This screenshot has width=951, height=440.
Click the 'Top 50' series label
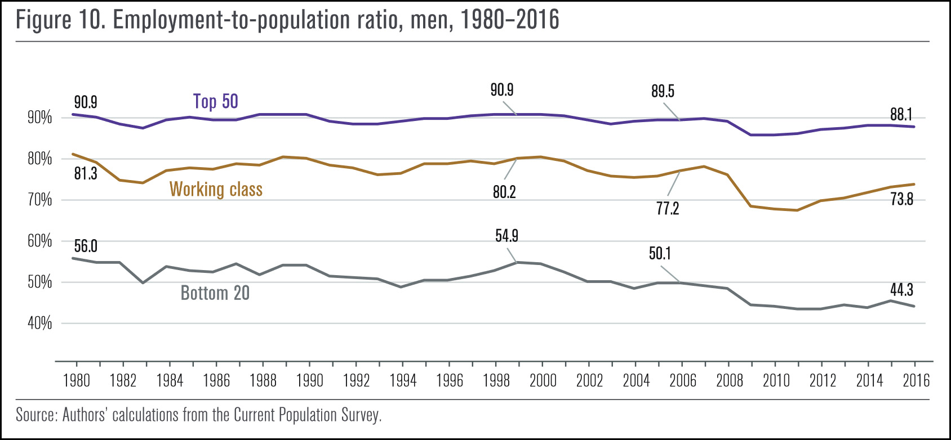[x=216, y=101]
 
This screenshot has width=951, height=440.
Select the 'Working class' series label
[x=216, y=189]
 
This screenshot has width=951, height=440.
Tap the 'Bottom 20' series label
[x=215, y=293]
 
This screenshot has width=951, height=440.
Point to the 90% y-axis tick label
[x=39, y=118]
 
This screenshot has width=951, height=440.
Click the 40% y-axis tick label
[x=39, y=324]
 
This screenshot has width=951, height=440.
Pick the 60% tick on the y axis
[x=39, y=241]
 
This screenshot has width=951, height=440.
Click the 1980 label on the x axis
[x=77, y=381]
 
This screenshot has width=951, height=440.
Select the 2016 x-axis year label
[x=916, y=381]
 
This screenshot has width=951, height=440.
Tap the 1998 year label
[x=496, y=381]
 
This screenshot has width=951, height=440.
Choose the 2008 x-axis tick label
[x=730, y=381]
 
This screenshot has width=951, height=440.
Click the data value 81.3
[x=86, y=174]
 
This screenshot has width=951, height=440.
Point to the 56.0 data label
[x=86, y=246]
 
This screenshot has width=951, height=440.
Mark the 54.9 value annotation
[x=506, y=236]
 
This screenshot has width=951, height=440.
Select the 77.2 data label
[x=668, y=209]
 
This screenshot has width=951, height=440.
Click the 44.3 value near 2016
[x=901, y=290]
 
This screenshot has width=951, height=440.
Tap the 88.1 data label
[x=901, y=115]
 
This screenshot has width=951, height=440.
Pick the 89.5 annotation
[x=663, y=91]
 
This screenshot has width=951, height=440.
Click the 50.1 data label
[x=660, y=254]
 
